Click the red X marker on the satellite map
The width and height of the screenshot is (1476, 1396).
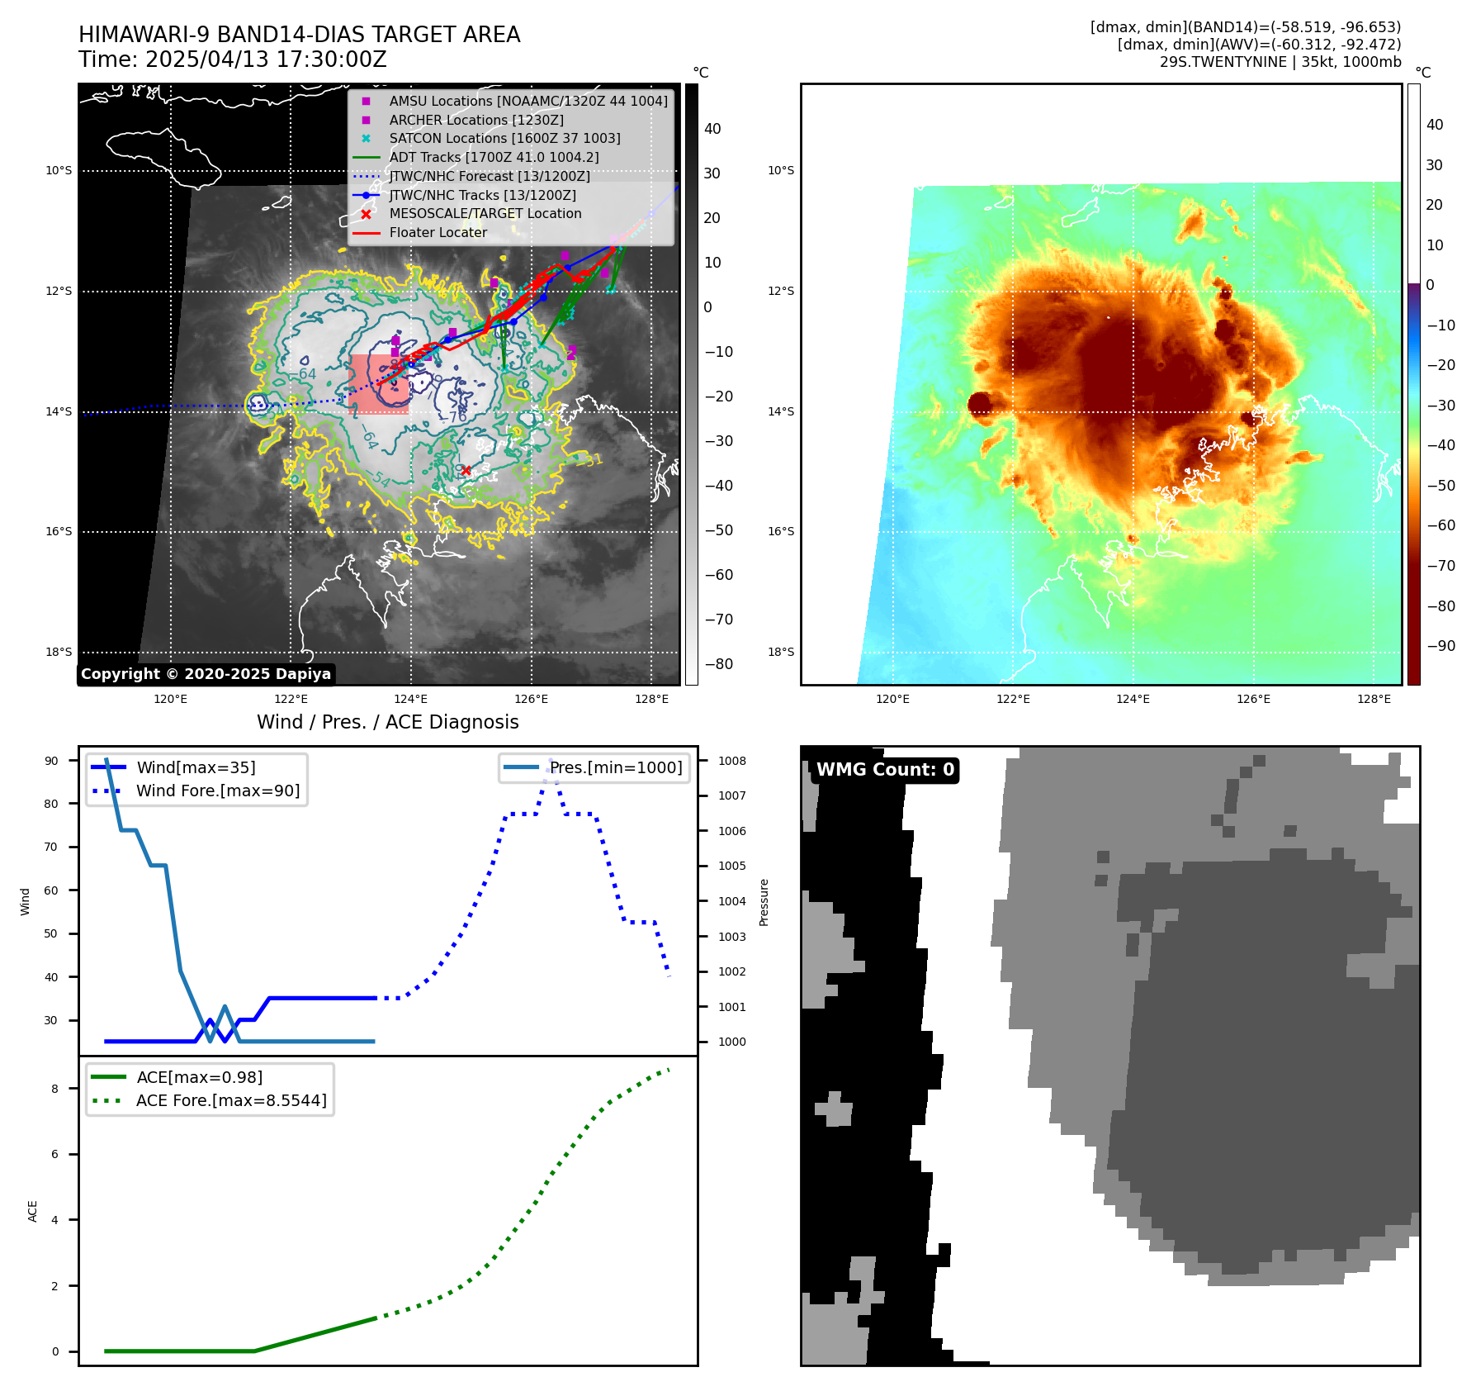pos(466,470)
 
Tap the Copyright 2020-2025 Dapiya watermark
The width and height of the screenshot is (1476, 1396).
pos(206,674)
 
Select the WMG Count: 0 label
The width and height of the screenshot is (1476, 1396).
pos(885,770)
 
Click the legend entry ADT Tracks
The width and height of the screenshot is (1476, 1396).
pos(494,157)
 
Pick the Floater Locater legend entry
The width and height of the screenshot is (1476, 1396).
pos(438,232)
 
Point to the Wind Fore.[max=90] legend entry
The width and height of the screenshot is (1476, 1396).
pos(218,791)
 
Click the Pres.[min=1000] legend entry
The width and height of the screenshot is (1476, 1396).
pos(616,767)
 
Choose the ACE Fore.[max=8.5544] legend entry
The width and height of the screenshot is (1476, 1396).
pos(231,1100)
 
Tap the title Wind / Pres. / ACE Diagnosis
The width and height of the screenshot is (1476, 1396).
pos(388,722)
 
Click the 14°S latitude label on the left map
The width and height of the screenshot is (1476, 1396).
pos(59,411)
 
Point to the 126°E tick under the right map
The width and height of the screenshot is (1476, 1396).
pos(1253,699)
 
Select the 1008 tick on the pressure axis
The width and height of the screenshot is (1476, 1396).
pos(731,761)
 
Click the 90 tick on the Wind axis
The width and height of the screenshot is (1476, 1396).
pos(51,761)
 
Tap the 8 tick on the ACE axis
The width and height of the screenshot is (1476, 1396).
pos(55,1089)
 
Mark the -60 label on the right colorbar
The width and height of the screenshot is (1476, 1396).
pos(1441,525)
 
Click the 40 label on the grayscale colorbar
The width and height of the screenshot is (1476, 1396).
pos(712,129)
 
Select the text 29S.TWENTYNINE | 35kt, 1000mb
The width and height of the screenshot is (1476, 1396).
pos(1280,62)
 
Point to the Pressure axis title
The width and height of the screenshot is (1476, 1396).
pos(764,902)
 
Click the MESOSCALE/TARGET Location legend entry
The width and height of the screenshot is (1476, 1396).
pos(485,213)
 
